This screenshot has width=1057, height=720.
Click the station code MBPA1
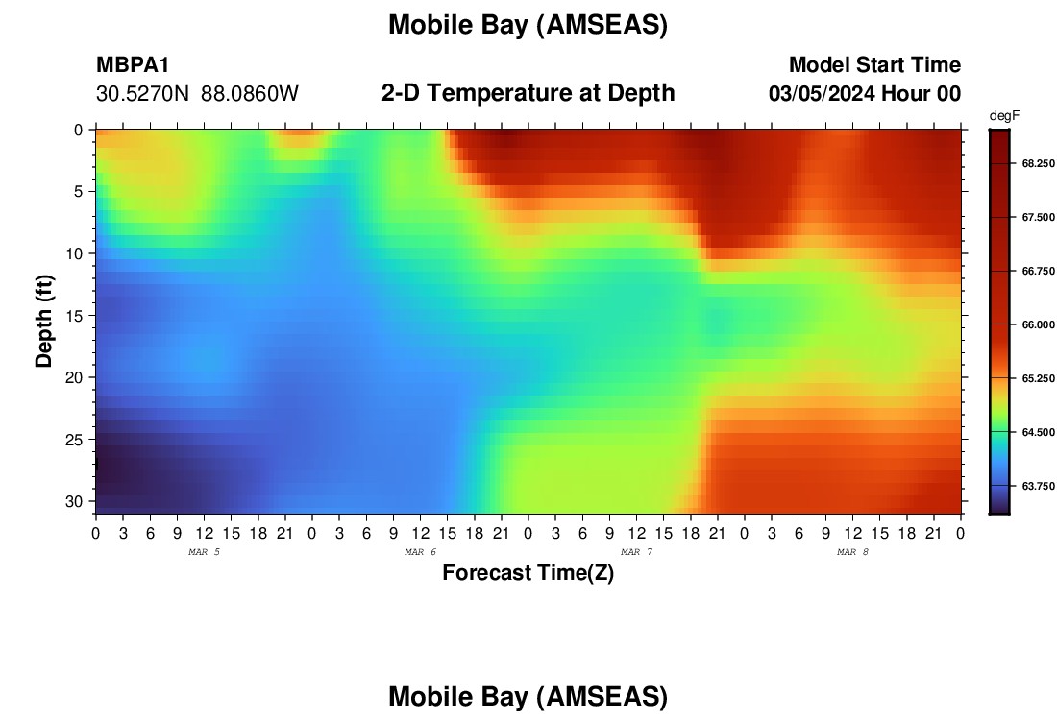133,64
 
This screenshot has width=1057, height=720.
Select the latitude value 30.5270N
143,93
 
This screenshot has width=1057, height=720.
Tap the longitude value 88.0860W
250,93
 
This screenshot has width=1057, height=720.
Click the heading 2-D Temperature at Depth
528,93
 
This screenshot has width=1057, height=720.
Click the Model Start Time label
875,64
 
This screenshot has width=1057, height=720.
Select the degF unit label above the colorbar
1004,116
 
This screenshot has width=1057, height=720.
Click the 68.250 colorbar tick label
1038,163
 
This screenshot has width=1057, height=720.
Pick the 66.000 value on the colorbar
1038,324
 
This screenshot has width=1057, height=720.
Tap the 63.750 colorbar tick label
1038,487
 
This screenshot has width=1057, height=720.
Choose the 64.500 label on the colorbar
1038,432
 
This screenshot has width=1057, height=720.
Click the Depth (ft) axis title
44,322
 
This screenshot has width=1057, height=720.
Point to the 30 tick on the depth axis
73,502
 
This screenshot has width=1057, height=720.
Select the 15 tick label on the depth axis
73,316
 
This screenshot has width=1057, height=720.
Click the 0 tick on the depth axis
78,130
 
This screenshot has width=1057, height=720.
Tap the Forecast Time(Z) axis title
528,573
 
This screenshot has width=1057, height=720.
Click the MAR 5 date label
204,552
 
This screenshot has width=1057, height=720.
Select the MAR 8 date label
852,552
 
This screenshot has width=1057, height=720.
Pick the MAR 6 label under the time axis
420,552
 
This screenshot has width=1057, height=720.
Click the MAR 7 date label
636,552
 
